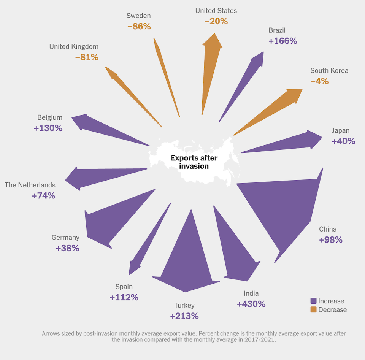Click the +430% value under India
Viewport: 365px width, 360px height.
[251, 304]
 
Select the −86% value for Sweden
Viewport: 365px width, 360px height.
[139, 27]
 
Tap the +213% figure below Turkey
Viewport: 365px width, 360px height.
[184, 316]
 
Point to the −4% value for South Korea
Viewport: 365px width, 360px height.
[319, 81]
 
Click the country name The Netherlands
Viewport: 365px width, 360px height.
[30, 185]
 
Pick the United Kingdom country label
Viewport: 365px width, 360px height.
[74, 47]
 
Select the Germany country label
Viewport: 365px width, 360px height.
[65, 238]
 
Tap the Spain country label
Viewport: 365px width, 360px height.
[124, 287]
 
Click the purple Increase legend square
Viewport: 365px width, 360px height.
[313, 301]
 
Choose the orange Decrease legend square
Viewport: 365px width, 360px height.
[313, 309]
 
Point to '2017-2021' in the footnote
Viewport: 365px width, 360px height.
[257, 340]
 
